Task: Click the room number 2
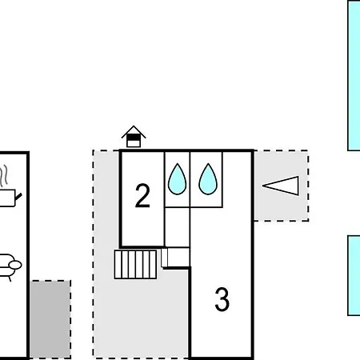(x=142, y=195)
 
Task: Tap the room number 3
(x=222, y=299)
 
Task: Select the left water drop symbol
(x=178, y=179)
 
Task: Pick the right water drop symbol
(x=208, y=179)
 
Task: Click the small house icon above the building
(x=134, y=136)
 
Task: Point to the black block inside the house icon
(x=134, y=138)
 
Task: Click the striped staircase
(x=135, y=264)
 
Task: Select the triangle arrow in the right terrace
(x=281, y=186)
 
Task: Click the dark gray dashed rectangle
(x=50, y=319)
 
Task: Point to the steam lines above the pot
(x=4, y=175)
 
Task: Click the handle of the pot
(x=18, y=197)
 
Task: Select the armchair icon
(x=10, y=266)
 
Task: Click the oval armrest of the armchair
(x=15, y=265)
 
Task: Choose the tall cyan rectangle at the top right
(x=354, y=75)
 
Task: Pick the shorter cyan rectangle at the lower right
(x=354, y=275)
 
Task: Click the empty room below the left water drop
(x=178, y=227)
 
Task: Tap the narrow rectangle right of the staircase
(x=164, y=258)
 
